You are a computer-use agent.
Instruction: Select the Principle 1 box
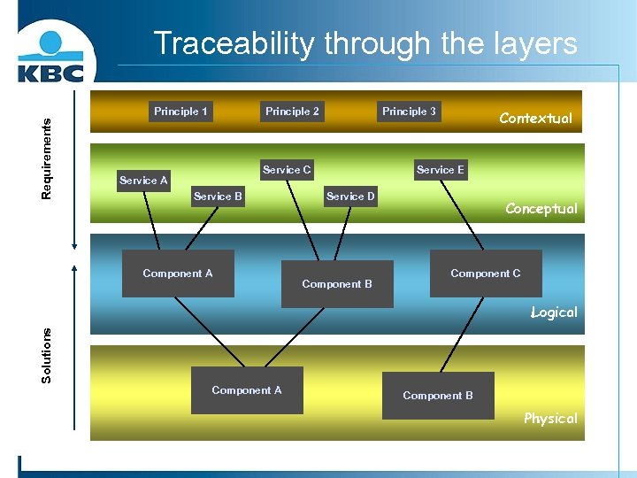(180, 112)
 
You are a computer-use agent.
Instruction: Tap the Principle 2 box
(292, 112)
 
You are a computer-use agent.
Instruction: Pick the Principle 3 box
(409, 112)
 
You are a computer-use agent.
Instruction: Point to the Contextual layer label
(535, 118)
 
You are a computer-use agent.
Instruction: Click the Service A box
(143, 181)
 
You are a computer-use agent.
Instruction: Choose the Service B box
(218, 197)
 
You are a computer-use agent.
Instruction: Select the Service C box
(287, 170)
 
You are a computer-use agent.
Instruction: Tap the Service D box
(350, 197)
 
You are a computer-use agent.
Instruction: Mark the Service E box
(440, 170)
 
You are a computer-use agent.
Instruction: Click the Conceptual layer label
(541, 209)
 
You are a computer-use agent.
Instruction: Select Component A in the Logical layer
(178, 274)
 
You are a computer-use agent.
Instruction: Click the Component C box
(486, 274)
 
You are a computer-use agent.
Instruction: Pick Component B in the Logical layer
(337, 284)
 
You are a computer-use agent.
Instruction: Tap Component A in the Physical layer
(247, 390)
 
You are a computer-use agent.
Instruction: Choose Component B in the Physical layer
(438, 396)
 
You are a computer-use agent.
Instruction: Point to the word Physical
(550, 419)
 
